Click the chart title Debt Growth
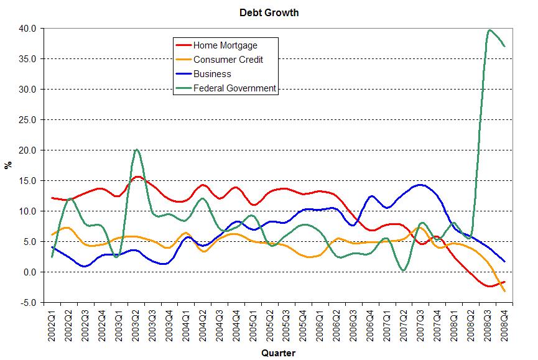click(x=269, y=12)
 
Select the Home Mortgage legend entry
click(x=225, y=45)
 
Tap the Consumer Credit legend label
click(x=228, y=60)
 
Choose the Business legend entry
click(x=211, y=74)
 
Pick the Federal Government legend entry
click(x=234, y=88)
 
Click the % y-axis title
click(x=9, y=165)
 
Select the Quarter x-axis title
click(x=278, y=353)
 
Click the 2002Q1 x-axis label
click(x=52, y=323)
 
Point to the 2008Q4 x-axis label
click(x=504, y=323)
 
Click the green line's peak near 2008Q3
click(x=489, y=30)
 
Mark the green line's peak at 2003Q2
click(x=136, y=150)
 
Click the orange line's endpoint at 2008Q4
click(x=504, y=291)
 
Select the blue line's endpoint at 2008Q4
click(x=504, y=262)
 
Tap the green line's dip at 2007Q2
click(x=404, y=270)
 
